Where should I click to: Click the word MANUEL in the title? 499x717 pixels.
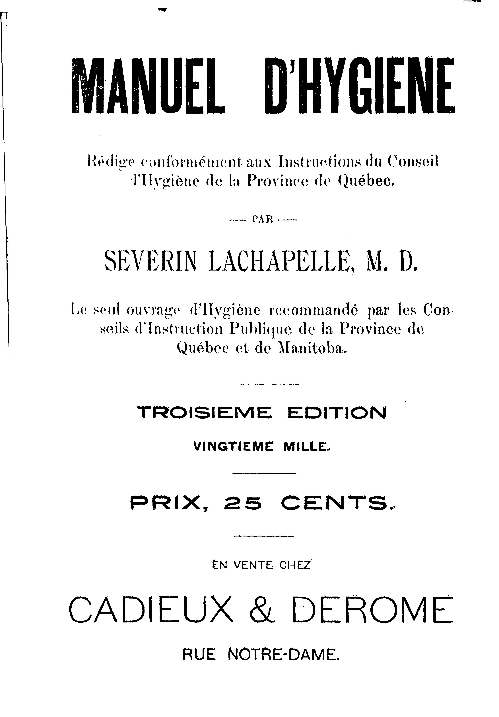148,85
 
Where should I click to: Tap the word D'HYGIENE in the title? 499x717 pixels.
359,85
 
